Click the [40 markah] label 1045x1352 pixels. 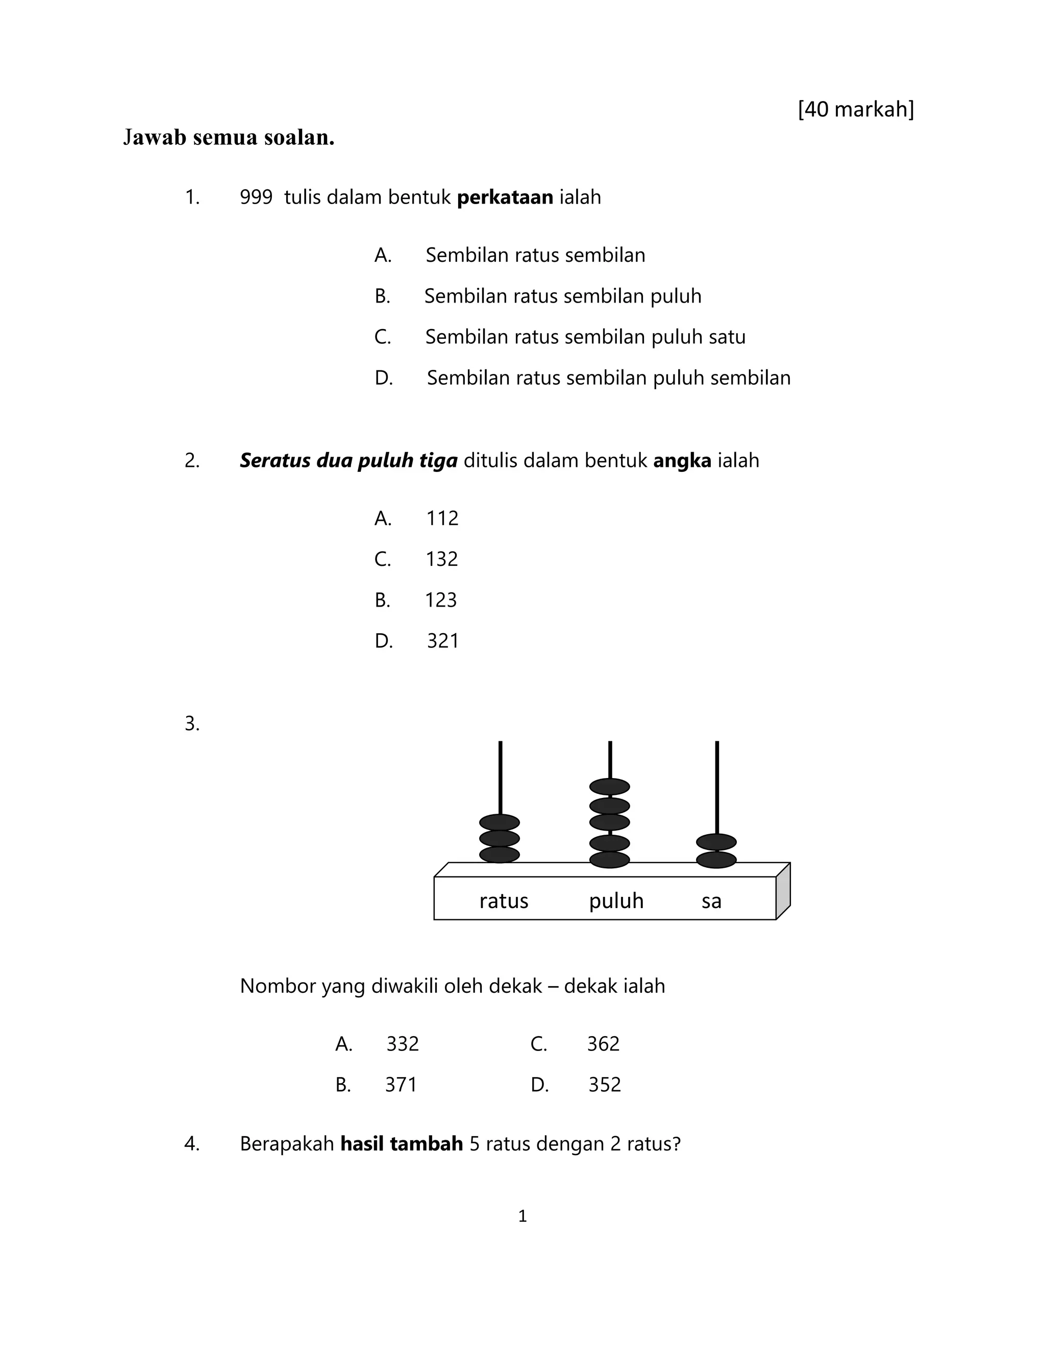pos(856,110)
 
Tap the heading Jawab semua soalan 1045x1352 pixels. pos(229,137)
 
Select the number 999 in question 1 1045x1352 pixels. pos(256,197)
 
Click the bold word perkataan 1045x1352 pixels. pos(505,197)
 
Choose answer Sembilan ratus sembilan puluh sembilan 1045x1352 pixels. pos(609,378)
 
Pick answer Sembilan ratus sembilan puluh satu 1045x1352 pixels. pos(585,337)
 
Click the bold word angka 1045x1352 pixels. pos(682,461)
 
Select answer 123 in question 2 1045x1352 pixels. pos(441,600)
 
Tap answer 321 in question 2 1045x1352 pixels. pos(442,641)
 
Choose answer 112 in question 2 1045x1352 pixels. pos(442,518)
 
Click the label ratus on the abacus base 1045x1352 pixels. pos(503,900)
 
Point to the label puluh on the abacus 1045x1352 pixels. pos(616,900)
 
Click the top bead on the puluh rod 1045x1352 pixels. pos(610,787)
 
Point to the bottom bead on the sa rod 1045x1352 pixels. pos(716,860)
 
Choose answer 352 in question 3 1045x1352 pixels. pos(604,1085)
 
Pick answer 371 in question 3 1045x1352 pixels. pos(401,1085)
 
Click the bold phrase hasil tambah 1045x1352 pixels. pos(402,1143)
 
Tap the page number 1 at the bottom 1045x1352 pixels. pos(522,1216)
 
